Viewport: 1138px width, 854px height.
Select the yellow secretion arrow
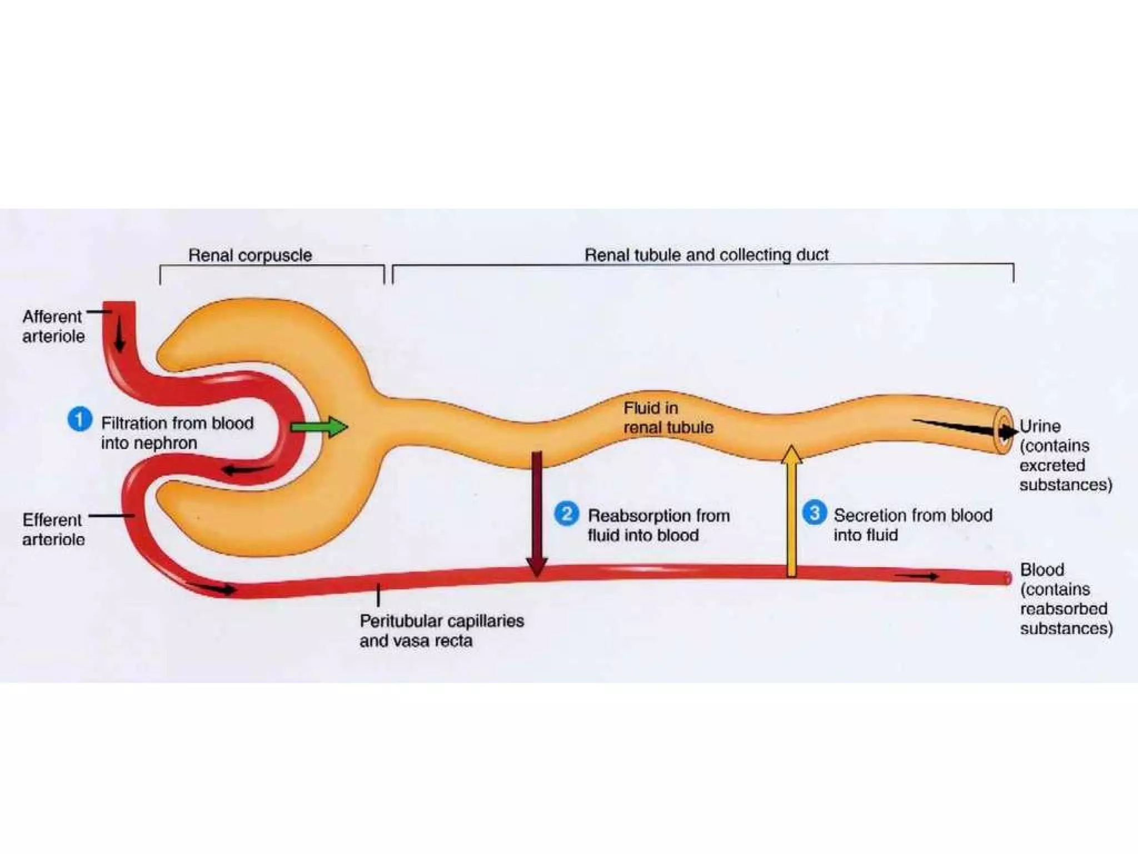pos(791,512)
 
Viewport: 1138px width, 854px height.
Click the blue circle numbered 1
pos(79,419)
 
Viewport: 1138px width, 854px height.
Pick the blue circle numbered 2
pos(566,513)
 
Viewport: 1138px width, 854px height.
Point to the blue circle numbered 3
pos(814,513)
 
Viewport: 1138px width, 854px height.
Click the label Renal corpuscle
pos(250,255)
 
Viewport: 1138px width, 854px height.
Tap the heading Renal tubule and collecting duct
pos(706,255)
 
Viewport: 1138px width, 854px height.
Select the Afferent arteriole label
pos(53,326)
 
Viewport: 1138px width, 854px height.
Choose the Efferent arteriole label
pos(53,529)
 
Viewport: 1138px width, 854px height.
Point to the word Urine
pos(1040,426)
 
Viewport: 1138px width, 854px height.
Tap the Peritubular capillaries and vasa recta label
pos(442,630)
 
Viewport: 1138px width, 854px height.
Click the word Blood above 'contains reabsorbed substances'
pos(1042,569)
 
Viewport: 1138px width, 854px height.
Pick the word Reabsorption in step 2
pos(633,515)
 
